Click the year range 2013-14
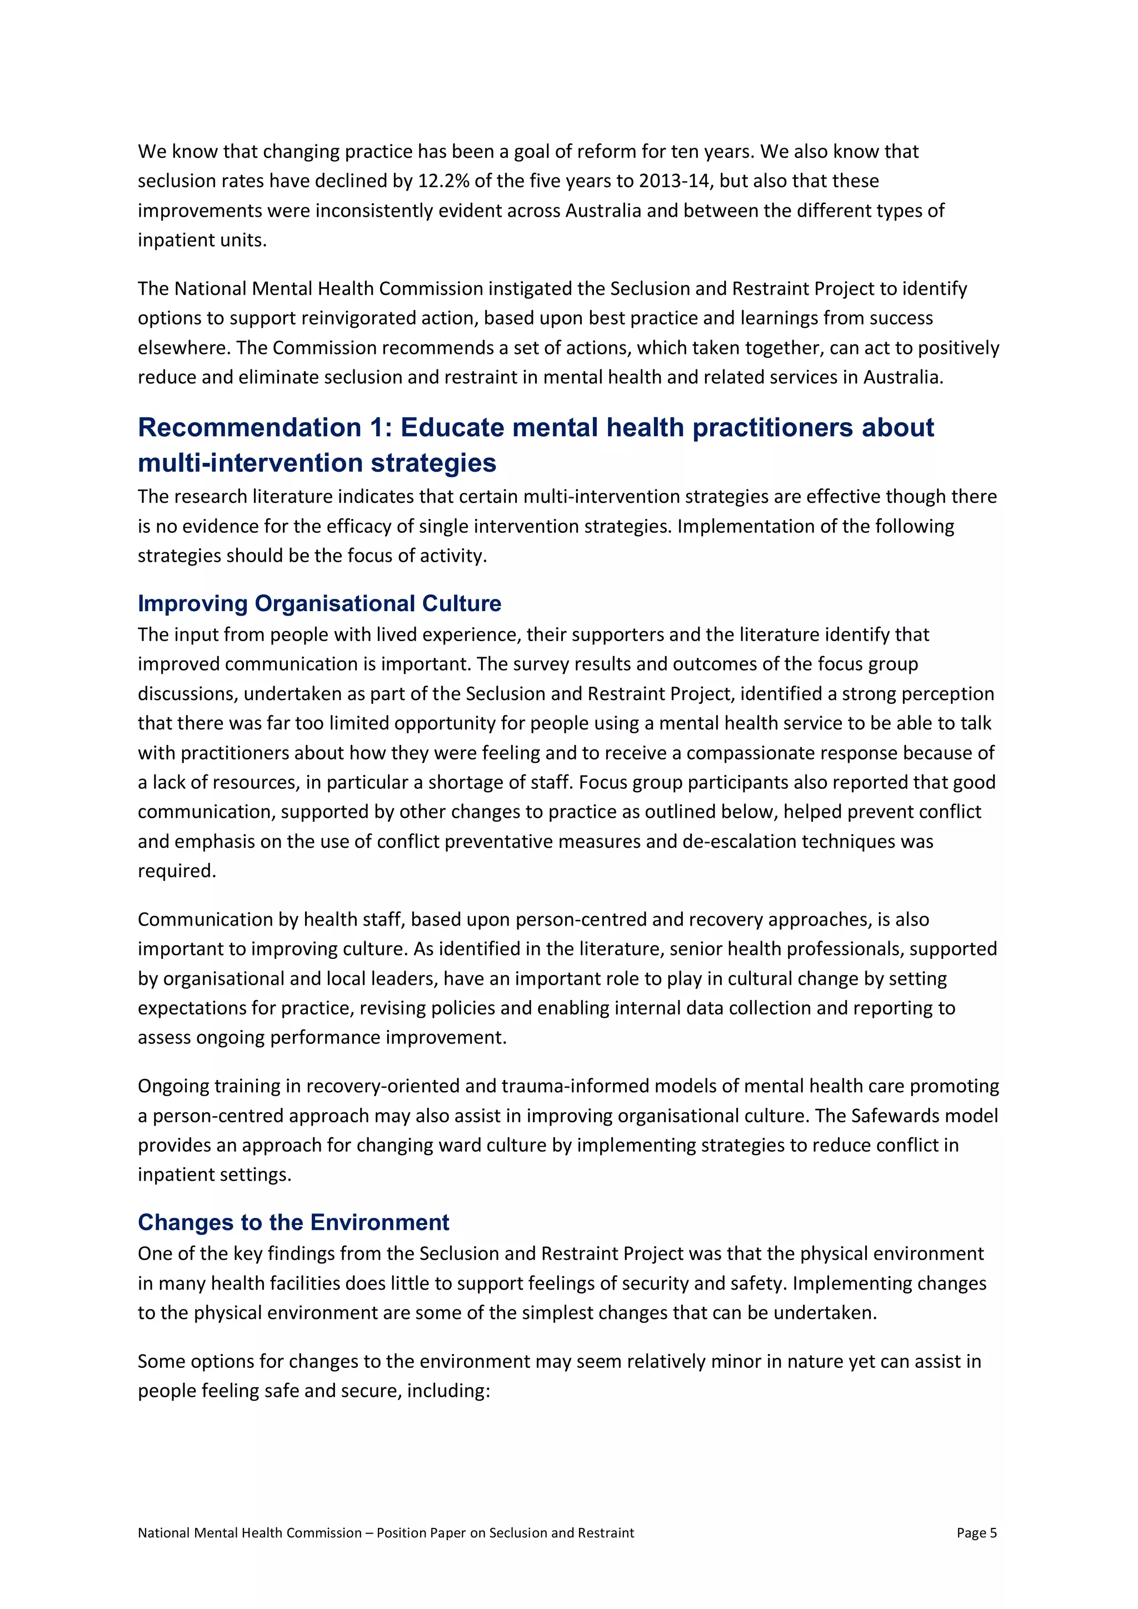[673, 181]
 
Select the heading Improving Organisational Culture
[320, 603]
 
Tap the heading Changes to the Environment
[293, 1222]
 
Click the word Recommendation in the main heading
[249, 427]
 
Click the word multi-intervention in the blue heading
[249, 463]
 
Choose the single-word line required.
[177, 871]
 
